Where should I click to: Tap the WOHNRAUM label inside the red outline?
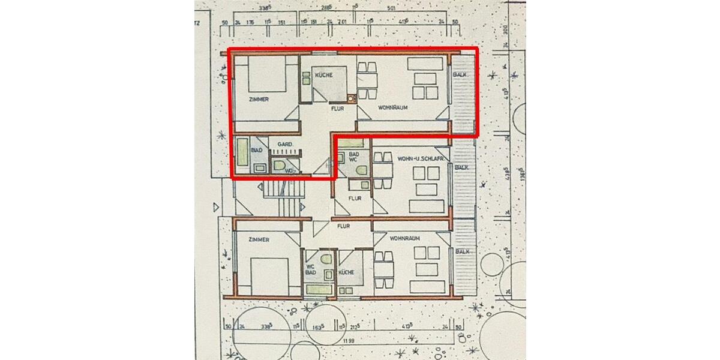pyautogui.click(x=393, y=108)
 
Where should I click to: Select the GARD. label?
pyautogui.click(x=284, y=145)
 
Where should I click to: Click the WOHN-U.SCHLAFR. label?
pyautogui.click(x=420, y=158)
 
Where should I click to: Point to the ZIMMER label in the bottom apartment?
pyautogui.click(x=257, y=239)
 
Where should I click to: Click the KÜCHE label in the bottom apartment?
pyautogui.click(x=347, y=272)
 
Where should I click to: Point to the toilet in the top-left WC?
pyautogui.click(x=279, y=166)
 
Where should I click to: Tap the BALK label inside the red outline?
pyautogui.click(x=460, y=74)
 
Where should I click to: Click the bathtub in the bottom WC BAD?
pyautogui.click(x=319, y=290)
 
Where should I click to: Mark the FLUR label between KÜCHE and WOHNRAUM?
pyautogui.click(x=337, y=110)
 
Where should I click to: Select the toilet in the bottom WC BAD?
pyautogui.click(x=326, y=260)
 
